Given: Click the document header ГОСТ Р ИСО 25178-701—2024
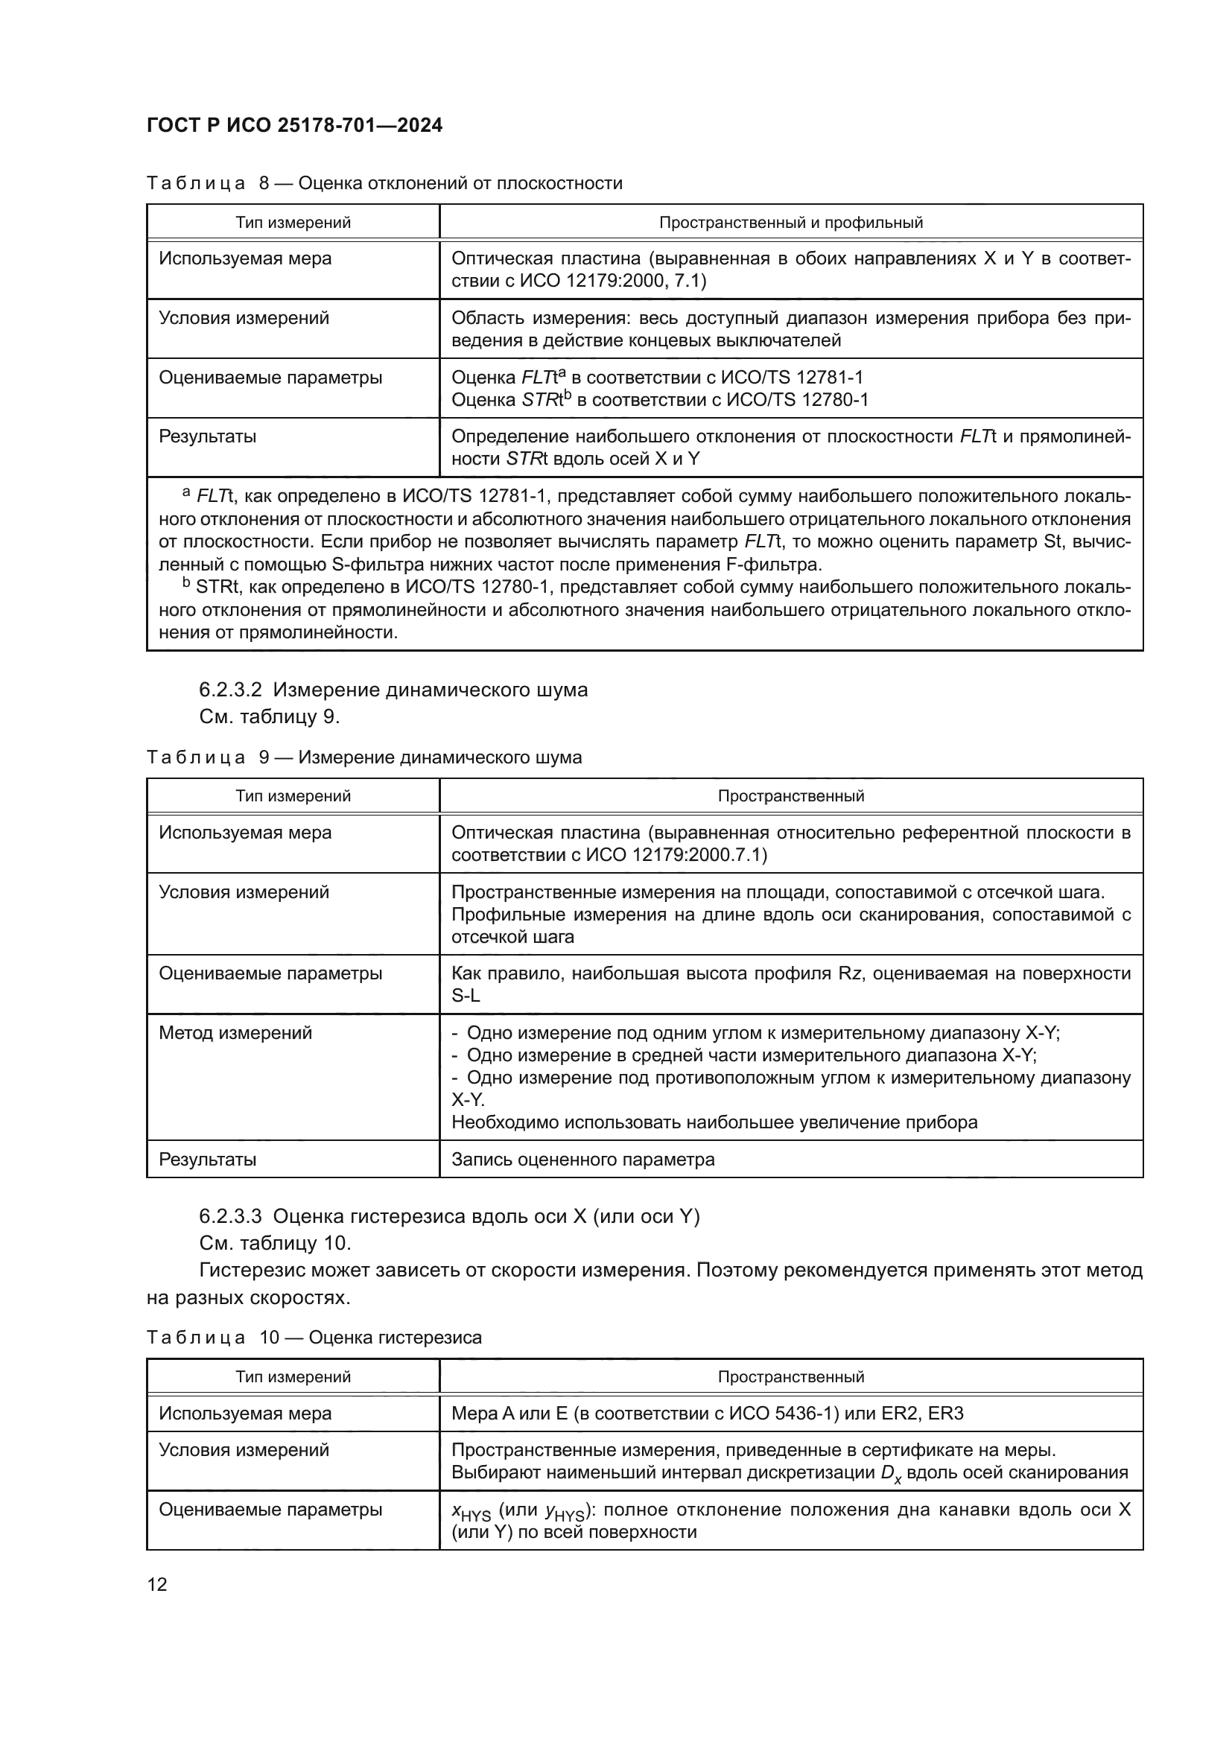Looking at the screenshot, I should point(294,126).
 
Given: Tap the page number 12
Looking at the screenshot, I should point(157,1584).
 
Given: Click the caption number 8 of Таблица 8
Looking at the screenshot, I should point(264,184).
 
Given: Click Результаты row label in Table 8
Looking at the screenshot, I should point(207,437).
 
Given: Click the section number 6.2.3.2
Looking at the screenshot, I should point(230,690).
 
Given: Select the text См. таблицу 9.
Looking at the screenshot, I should point(270,717).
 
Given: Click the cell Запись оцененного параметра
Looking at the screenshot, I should point(582,1160).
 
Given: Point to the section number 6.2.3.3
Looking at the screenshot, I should point(230,1217).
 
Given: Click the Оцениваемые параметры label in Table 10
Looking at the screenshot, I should point(270,1510).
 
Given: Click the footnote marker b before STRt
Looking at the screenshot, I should point(187,583).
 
